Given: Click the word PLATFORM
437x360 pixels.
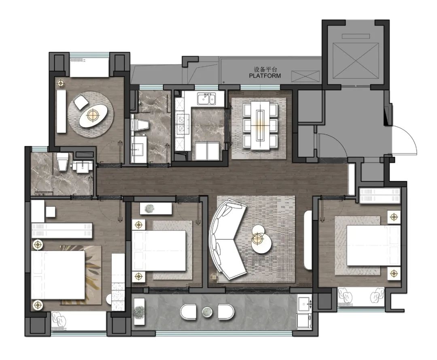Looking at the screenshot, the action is point(265,76).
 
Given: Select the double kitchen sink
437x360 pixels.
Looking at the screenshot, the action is point(206,99).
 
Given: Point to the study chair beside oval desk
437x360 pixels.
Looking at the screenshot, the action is point(81,102).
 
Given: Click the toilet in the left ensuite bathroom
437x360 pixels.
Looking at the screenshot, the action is point(62,162).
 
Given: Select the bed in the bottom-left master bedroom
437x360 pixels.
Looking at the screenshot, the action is point(58,275).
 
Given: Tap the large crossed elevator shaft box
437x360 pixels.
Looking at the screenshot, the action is point(356,61).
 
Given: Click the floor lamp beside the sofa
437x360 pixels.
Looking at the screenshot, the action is point(214,277).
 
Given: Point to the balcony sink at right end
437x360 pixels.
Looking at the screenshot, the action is point(304,302).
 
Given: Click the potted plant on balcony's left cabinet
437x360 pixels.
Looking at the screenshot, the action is point(139,311).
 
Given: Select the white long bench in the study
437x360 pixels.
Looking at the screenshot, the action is point(62,111).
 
